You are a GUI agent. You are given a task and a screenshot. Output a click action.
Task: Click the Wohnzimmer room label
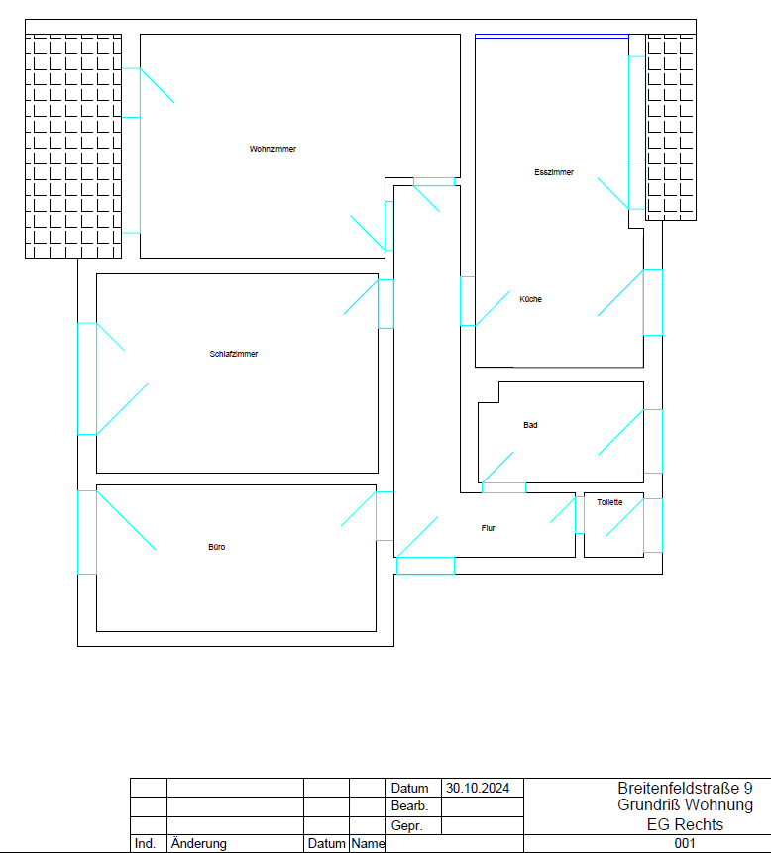click(273, 149)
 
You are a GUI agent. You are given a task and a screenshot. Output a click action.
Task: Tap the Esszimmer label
click(554, 172)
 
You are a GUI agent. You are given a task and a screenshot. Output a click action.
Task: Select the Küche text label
click(530, 299)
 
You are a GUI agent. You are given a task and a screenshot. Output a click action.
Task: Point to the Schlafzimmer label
click(234, 354)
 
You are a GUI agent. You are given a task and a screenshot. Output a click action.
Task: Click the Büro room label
click(217, 547)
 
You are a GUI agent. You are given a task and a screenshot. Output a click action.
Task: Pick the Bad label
click(530, 425)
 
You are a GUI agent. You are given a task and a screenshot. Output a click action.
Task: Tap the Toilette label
click(609, 502)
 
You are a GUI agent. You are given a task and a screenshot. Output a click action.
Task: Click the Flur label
click(488, 528)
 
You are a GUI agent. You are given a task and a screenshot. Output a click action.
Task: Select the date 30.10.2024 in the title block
click(478, 788)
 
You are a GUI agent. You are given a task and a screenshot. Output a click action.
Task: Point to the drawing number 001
click(685, 843)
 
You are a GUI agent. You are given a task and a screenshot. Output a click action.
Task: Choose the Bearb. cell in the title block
click(409, 806)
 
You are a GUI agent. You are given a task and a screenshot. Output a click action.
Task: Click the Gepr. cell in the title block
click(407, 825)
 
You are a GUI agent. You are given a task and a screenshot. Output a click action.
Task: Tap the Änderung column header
click(198, 843)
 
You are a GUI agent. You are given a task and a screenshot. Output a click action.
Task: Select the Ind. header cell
click(145, 843)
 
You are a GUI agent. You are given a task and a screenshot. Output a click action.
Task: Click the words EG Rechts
click(685, 824)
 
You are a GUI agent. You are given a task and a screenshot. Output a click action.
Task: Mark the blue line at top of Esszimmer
click(552, 37)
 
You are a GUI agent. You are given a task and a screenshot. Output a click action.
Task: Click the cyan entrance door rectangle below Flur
click(425, 566)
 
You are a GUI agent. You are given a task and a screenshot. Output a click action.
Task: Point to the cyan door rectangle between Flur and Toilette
click(580, 514)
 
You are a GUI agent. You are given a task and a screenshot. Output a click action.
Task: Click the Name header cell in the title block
click(368, 843)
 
